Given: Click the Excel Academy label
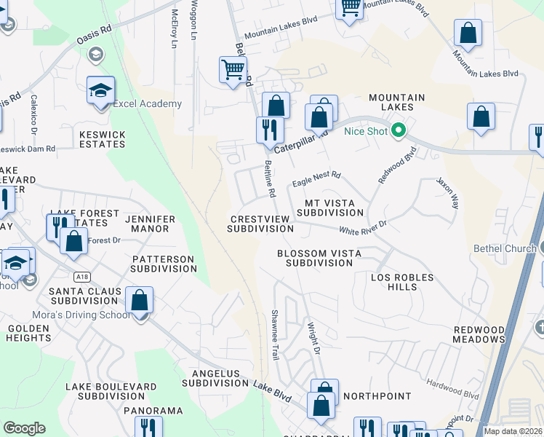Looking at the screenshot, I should [x=147, y=103].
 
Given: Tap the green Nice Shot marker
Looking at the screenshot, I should [x=398, y=131].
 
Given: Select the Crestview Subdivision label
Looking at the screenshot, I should [x=260, y=224].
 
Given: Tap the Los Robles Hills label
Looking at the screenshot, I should [x=402, y=282].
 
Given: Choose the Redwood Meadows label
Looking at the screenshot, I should [x=479, y=334].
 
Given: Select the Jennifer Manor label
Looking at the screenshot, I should [x=146, y=224].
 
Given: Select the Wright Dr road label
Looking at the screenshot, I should [x=313, y=338].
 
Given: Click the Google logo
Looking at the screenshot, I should [x=24, y=428].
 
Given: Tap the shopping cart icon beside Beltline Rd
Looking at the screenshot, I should [x=233, y=71].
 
